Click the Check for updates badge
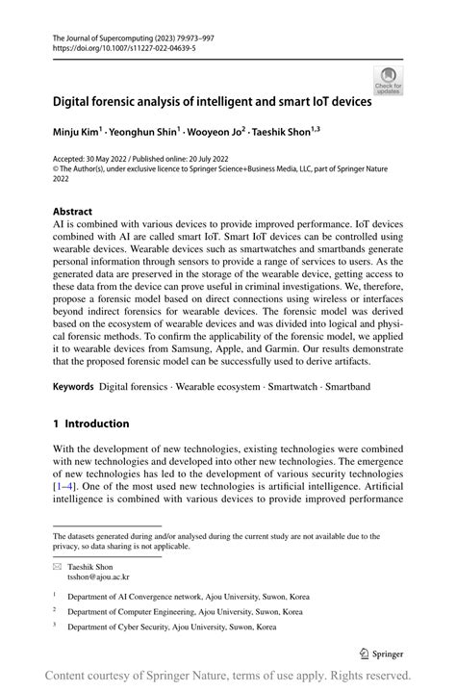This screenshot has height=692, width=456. click(388, 80)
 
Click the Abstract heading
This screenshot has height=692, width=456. click(73, 211)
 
